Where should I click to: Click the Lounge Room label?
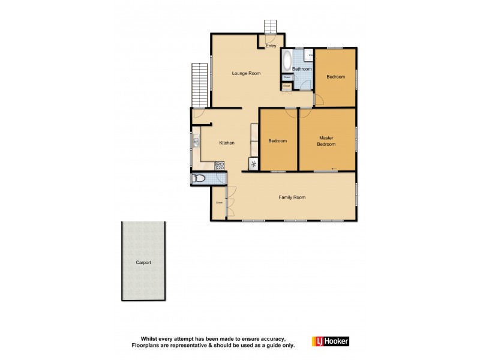pos(247,73)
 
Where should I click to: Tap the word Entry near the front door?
pos(271,46)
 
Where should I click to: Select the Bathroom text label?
pos(302,69)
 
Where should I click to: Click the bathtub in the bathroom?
pos(286,61)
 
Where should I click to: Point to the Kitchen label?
pos(227,142)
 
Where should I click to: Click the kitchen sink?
pos(196,142)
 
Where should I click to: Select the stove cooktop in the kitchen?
pos(220,166)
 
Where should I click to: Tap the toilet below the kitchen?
pos(198,178)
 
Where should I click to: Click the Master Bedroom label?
pos(326,141)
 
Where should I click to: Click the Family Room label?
pos(292,197)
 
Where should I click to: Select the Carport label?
pos(143,263)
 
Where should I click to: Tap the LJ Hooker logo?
pos(330,341)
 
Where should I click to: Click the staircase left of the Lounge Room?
pos(199,84)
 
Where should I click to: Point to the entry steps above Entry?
pos(271,27)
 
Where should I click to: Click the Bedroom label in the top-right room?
pos(336,77)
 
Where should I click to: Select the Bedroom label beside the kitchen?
pos(277,141)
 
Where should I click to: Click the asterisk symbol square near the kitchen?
pos(253,164)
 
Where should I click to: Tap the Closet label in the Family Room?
pos(220,203)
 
